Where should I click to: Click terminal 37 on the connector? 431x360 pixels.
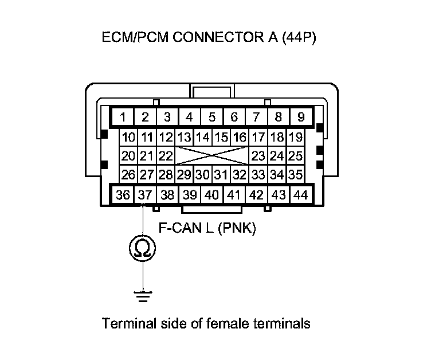pos(145,195)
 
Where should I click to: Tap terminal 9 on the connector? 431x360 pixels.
pos(300,118)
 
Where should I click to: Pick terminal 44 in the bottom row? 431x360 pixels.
pos(300,195)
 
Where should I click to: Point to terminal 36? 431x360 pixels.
pos(123,195)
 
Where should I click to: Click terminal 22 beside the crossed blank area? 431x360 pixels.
pos(166,156)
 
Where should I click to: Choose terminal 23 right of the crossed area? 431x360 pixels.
pos(258,156)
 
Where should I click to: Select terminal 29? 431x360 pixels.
pos(184,174)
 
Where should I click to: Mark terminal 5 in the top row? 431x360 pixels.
pos(211,118)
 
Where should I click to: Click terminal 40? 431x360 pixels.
pos(211,195)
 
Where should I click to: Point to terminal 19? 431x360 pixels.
pos(295,138)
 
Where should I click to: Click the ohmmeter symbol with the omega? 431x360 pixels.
pos(141,248)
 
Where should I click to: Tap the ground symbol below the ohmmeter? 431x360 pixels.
pos(141,296)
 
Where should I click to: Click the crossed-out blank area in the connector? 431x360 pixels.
pos(211,156)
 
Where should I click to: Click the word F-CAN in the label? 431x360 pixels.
pos(178,229)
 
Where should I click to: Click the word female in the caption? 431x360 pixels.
pos(221,323)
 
